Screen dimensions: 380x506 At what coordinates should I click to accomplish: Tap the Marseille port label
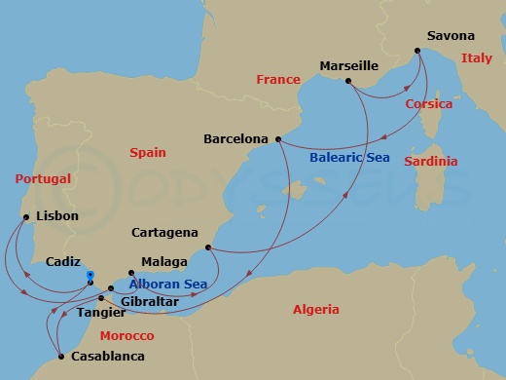[348, 66]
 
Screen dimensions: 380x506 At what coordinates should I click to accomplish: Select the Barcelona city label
[235, 139]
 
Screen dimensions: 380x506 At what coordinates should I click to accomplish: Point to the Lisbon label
[55, 215]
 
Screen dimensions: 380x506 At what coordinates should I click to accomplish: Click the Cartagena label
[164, 233]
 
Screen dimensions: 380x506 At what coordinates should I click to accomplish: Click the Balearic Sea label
[347, 156]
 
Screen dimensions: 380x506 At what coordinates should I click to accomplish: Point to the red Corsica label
[429, 104]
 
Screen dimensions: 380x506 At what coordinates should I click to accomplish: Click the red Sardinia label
[432, 161]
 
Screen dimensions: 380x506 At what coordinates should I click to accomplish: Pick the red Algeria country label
[316, 310]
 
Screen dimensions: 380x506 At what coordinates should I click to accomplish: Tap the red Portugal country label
[44, 179]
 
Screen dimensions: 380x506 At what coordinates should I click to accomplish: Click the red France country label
[278, 80]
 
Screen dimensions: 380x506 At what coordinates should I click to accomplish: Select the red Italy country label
[477, 58]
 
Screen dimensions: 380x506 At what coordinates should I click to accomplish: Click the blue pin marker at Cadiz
[90, 276]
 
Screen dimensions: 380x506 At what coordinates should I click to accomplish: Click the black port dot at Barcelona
[279, 138]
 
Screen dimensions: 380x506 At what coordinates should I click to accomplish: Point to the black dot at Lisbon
[26, 216]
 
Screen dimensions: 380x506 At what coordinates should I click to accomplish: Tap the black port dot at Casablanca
[60, 356]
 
